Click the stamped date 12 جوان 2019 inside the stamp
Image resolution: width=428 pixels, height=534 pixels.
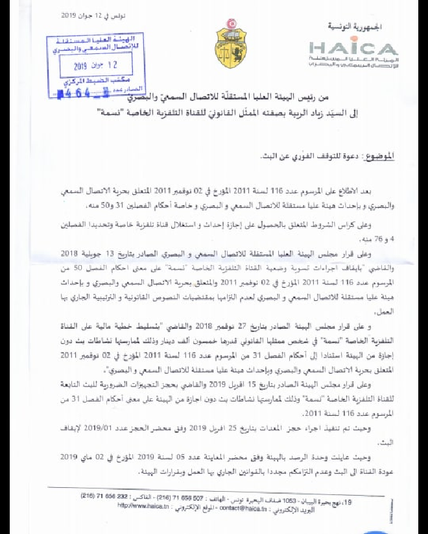93,66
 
